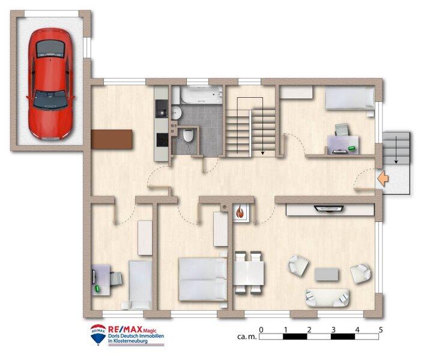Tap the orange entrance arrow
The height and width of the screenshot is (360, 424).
(x=381, y=178)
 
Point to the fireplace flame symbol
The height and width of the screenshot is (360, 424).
(x=240, y=212)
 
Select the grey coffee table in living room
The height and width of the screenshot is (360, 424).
(x=327, y=273)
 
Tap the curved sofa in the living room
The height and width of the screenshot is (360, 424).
(x=327, y=297)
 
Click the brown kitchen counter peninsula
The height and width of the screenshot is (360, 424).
(x=112, y=140)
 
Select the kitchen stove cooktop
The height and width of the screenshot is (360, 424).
(x=162, y=139)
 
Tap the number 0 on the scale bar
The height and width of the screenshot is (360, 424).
(x=261, y=330)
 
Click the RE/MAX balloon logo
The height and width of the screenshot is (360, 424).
(x=98, y=334)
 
